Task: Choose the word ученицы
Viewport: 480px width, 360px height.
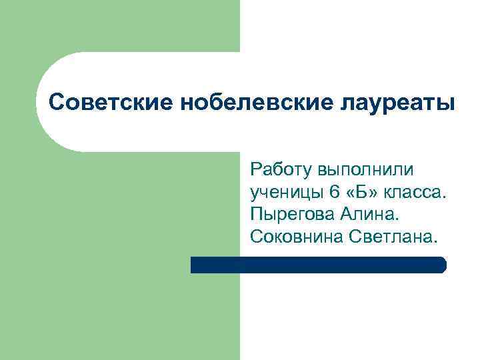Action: click(286, 193)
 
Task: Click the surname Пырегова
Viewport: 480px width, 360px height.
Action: click(292, 215)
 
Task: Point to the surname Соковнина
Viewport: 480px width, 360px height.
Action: click(296, 236)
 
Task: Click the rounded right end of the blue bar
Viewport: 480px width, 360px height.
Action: click(442, 265)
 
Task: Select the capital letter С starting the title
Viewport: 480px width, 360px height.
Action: click(58, 103)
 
